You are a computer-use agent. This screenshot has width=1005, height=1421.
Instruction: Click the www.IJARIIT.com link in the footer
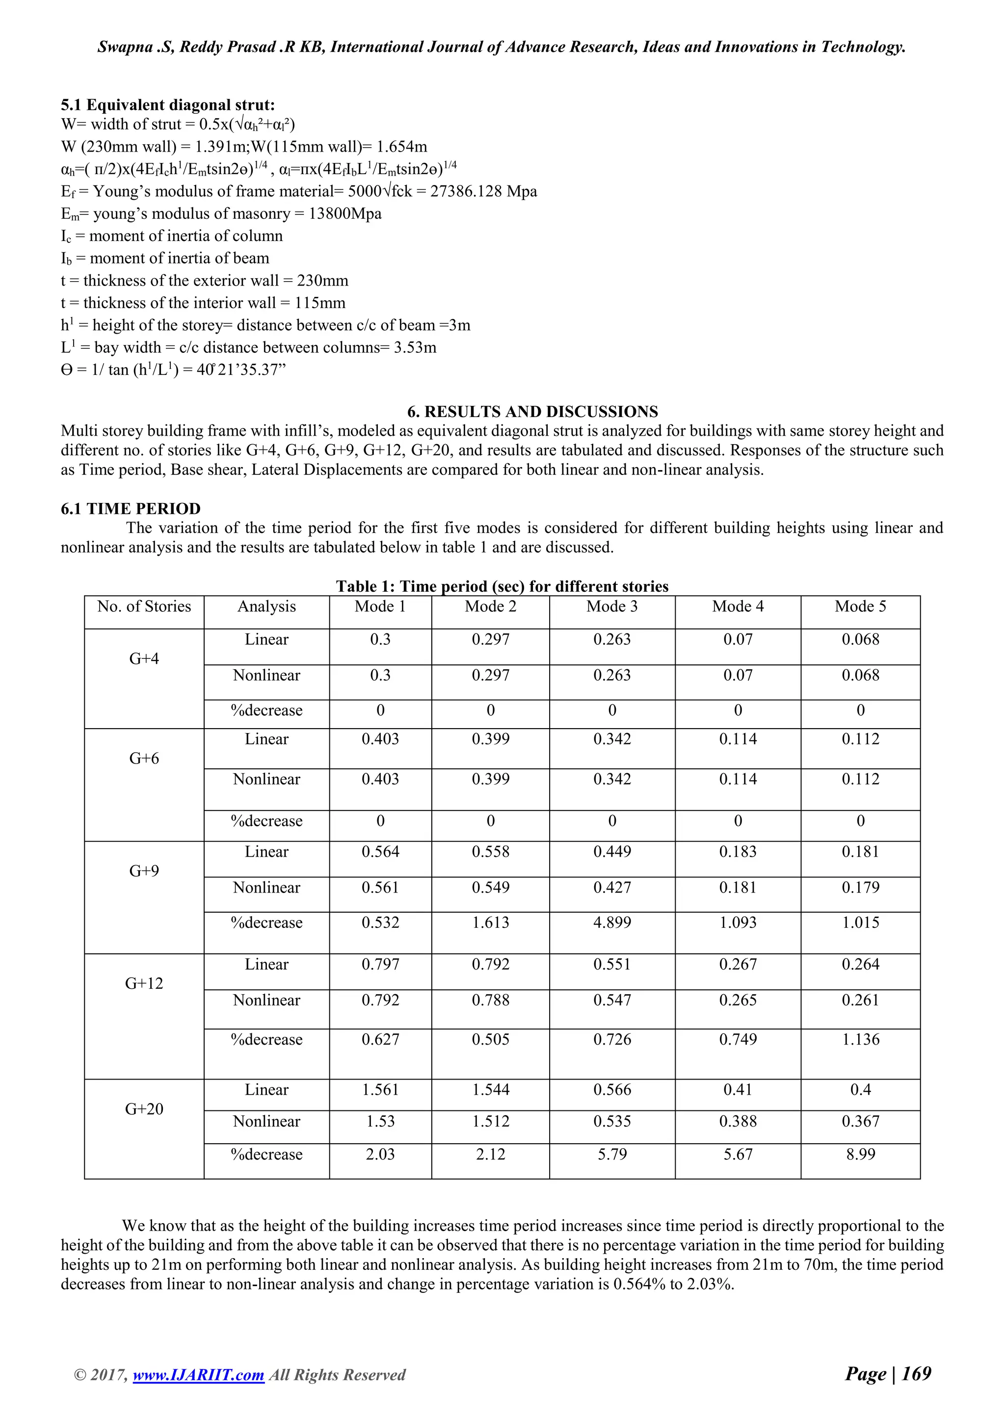point(198,1375)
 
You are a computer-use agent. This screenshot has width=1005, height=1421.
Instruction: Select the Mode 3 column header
point(611,606)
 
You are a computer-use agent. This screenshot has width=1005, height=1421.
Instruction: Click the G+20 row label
point(144,1109)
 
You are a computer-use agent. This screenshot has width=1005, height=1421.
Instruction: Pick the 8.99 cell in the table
point(860,1154)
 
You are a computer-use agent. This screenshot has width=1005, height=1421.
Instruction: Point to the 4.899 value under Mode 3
point(611,923)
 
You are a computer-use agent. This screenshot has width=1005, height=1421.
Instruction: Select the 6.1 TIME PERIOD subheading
point(131,509)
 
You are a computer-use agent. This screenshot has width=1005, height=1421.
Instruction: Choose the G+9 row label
point(144,871)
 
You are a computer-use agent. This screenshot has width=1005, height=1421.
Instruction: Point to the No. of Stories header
point(144,606)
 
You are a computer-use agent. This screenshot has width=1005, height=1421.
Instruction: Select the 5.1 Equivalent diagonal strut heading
point(168,105)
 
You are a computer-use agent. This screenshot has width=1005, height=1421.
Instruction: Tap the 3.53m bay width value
point(415,348)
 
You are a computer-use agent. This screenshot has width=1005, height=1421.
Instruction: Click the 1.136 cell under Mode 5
point(860,1040)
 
